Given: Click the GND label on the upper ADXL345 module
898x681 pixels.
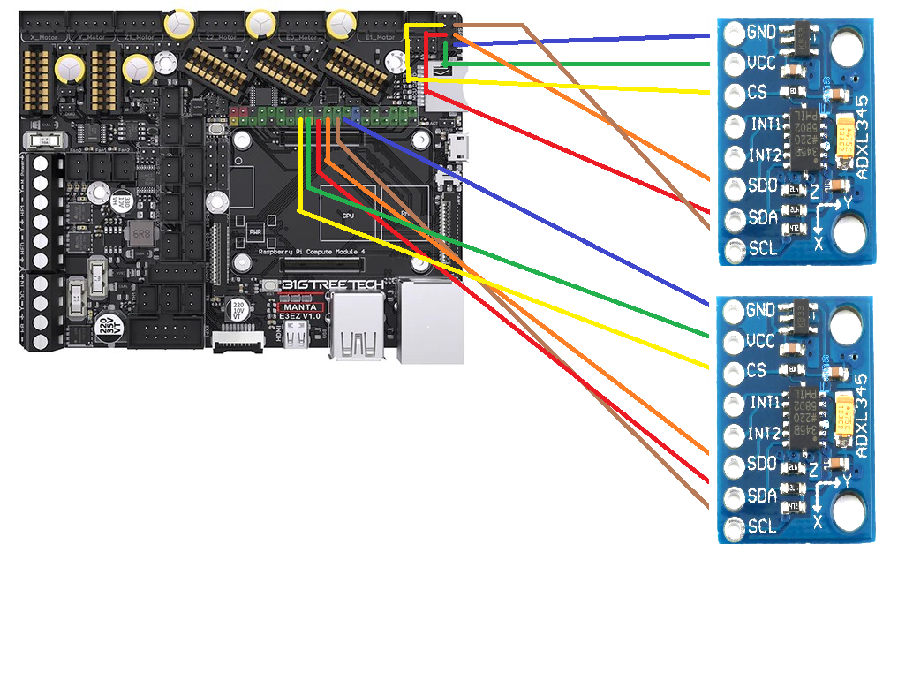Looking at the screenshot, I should (x=761, y=33).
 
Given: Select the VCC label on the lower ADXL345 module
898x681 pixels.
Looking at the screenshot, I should (x=761, y=341).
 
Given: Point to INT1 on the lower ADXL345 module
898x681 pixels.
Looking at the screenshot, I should (x=764, y=403).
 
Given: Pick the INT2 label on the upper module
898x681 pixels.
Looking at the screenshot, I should (x=764, y=156).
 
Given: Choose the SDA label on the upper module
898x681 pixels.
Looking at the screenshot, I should (x=762, y=217).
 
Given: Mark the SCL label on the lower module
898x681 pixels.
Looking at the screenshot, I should (x=762, y=526).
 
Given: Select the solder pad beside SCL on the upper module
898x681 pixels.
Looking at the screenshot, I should (x=733, y=251).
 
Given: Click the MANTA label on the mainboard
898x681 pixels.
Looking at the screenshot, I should (x=301, y=307).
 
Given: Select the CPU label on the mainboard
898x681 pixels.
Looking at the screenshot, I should (x=348, y=215).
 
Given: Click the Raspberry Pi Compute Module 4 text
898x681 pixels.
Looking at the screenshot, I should (x=308, y=253).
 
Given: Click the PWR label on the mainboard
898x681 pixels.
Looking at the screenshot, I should (x=256, y=232).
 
